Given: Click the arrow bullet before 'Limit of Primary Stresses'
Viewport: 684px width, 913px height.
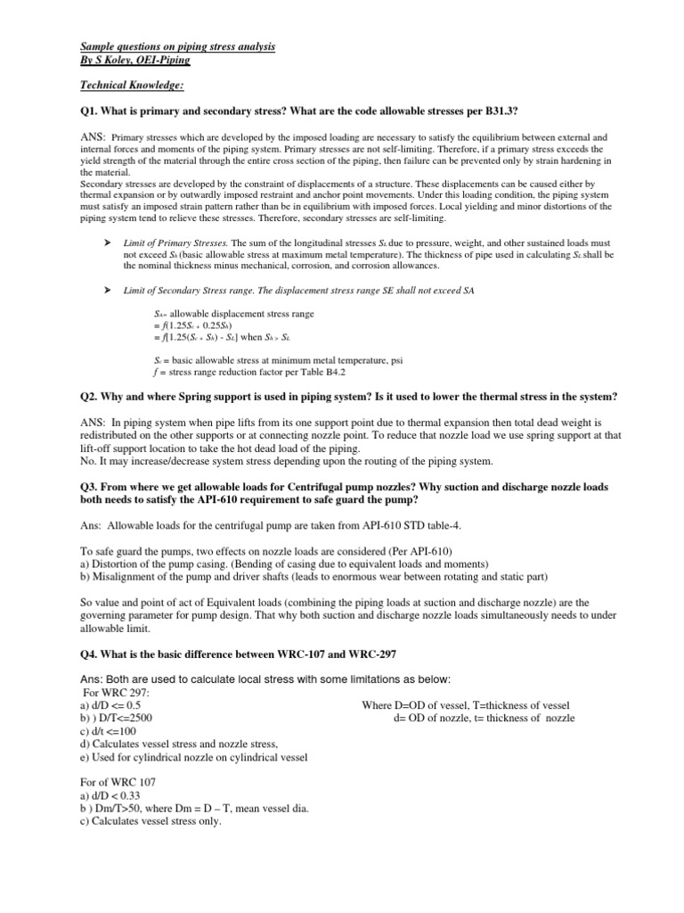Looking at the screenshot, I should coord(108,243).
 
